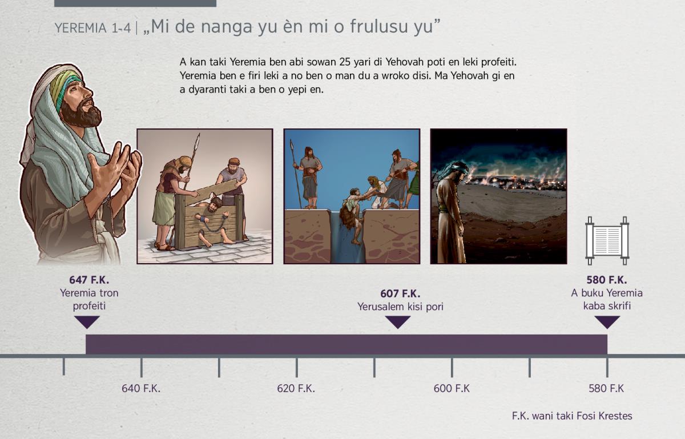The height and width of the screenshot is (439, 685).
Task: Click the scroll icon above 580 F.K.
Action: (x=607, y=241)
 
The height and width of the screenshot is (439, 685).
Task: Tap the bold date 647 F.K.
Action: (x=89, y=280)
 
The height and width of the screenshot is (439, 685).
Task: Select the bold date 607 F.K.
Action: (x=400, y=293)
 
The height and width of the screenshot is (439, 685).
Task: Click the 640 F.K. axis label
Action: (x=141, y=389)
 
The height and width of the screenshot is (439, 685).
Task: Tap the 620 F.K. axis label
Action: (x=296, y=389)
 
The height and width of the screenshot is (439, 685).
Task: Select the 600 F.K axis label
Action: (x=452, y=389)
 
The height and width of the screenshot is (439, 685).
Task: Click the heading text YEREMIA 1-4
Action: (x=92, y=28)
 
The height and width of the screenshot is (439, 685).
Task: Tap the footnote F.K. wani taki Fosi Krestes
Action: (x=572, y=416)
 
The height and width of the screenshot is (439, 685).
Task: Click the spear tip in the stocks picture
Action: (x=198, y=139)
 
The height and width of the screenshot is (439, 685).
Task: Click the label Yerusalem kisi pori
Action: (x=400, y=307)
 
